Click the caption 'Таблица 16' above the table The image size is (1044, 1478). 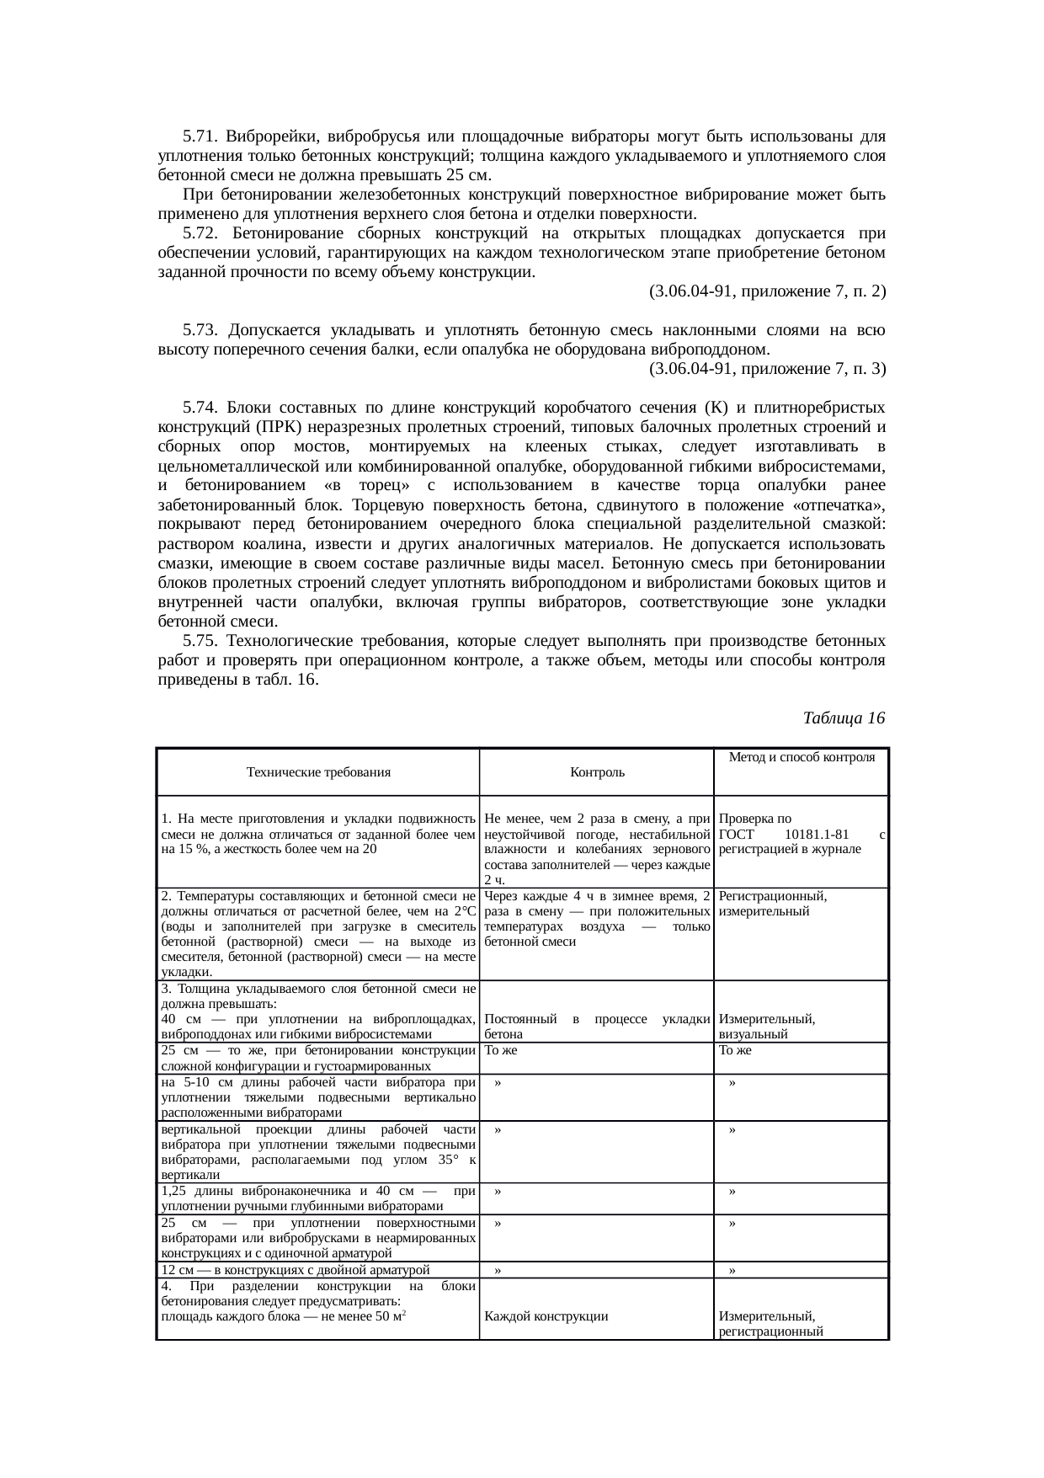click(844, 718)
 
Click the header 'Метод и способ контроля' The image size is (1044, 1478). click(801, 757)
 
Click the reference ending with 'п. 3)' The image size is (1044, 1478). click(767, 369)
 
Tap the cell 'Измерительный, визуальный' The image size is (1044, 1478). click(766, 1027)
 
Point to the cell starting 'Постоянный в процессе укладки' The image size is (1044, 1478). click(597, 1027)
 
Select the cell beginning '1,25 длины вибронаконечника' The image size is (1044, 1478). click(317, 1199)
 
